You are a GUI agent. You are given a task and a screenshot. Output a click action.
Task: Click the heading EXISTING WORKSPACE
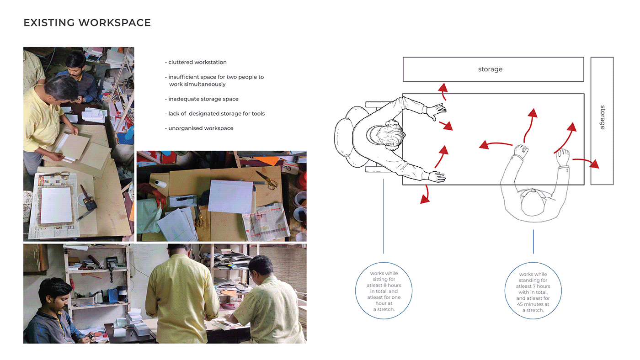[87, 22]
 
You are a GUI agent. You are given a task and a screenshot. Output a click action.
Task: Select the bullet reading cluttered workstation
[196, 62]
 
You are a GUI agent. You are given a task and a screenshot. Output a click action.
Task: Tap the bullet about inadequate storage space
[202, 99]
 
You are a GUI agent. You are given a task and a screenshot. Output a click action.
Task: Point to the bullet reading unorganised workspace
[199, 128]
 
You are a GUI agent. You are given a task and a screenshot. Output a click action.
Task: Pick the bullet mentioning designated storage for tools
[215, 113]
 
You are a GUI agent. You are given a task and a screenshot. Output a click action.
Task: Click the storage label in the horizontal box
[490, 69]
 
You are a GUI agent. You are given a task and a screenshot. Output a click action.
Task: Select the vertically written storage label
[602, 117]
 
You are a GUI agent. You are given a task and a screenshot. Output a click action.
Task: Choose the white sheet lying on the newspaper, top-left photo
[55, 205]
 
